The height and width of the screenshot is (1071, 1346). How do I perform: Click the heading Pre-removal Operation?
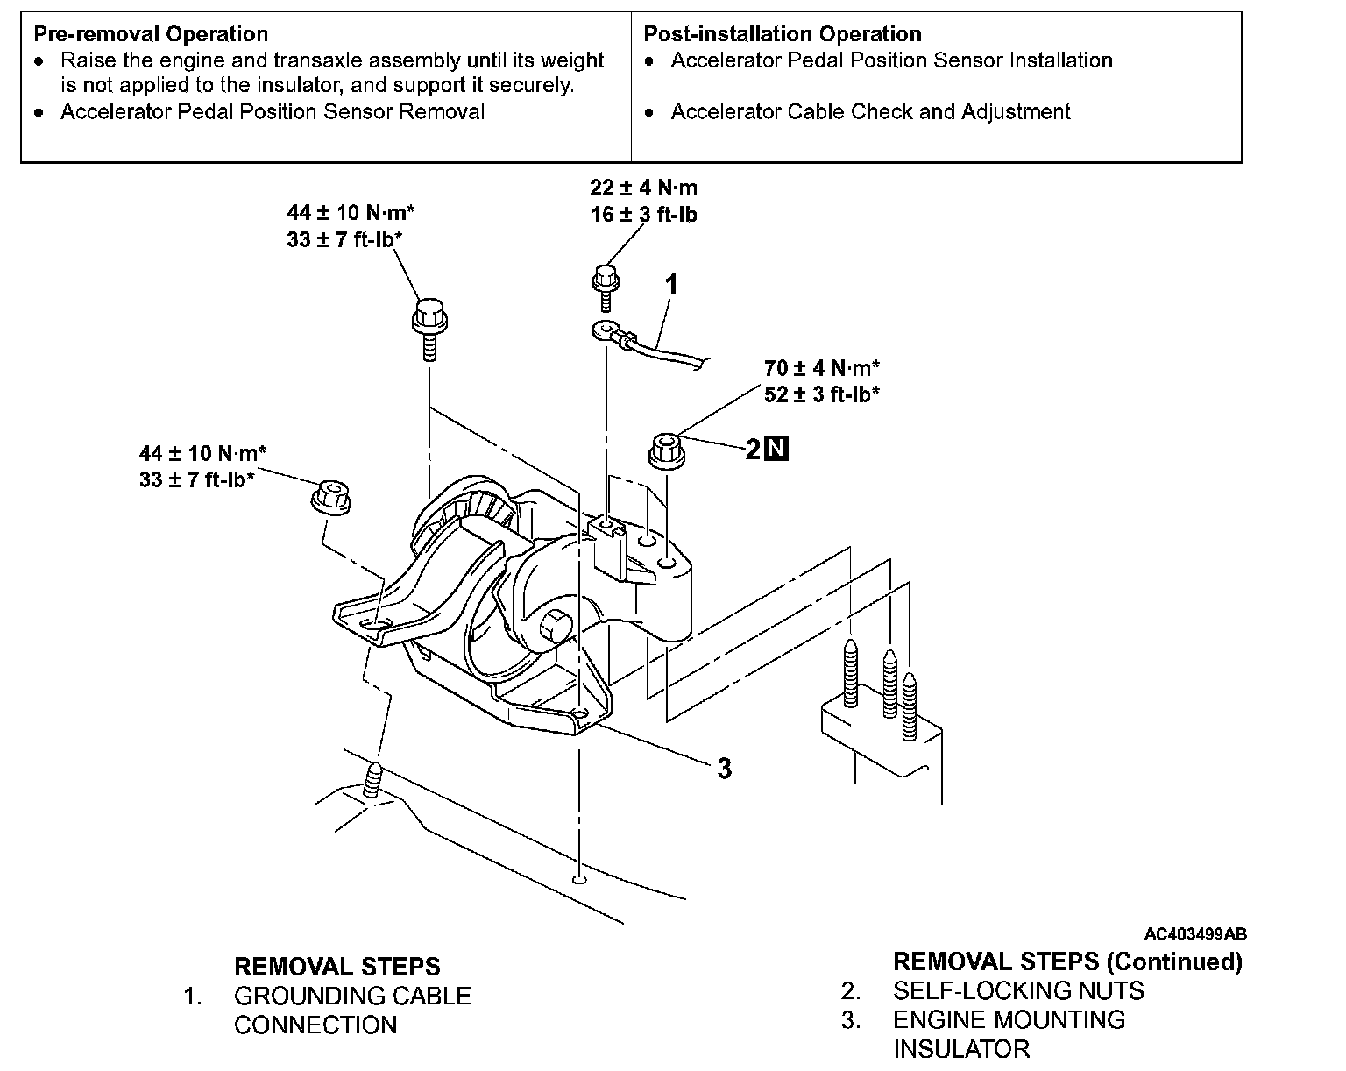[x=151, y=34]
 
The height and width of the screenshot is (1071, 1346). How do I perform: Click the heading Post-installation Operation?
[x=783, y=34]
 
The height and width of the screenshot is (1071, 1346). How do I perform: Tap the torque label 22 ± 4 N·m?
[x=643, y=187]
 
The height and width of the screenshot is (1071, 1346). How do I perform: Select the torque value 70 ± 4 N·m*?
[x=821, y=368]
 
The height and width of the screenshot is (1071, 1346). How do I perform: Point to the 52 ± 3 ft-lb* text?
[x=821, y=394]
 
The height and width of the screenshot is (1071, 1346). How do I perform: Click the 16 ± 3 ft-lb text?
[x=643, y=215]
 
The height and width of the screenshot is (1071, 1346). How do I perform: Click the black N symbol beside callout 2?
[x=776, y=449]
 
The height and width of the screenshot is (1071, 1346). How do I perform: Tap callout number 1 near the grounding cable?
[x=671, y=285]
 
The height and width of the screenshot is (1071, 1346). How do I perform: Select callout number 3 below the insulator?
[x=725, y=769]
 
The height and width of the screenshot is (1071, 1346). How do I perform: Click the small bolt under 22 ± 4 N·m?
[x=606, y=287]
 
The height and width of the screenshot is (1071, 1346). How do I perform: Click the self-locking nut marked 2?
[x=667, y=450]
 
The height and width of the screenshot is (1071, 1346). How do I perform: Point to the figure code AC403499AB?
[x=1195, y=934]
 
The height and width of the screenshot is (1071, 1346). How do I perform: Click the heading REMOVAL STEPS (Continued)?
[x=1067, y=961]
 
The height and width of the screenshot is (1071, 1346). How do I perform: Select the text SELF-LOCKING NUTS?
[x=1018, y=991]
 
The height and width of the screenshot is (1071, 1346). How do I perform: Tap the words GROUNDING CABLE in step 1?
[x=352, y=996]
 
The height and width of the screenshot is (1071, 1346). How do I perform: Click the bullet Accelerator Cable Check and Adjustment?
[x=870, y=112]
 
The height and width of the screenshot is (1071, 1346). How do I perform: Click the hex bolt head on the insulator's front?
[x=554, y=626]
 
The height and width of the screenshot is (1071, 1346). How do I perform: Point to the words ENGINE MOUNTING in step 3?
[x=1009, y=1019]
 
